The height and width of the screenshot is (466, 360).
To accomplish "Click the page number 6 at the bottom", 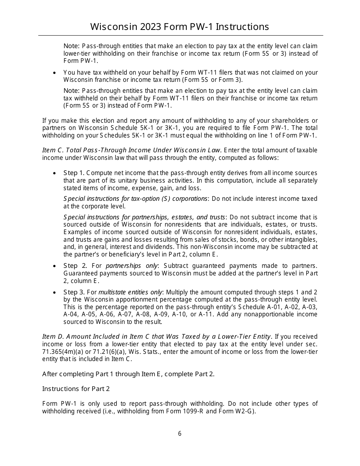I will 180,434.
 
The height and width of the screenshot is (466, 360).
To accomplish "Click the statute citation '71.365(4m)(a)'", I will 60,352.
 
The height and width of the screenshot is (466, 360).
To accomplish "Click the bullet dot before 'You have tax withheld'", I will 55,72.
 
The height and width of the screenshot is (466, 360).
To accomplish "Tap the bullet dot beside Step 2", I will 55,266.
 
